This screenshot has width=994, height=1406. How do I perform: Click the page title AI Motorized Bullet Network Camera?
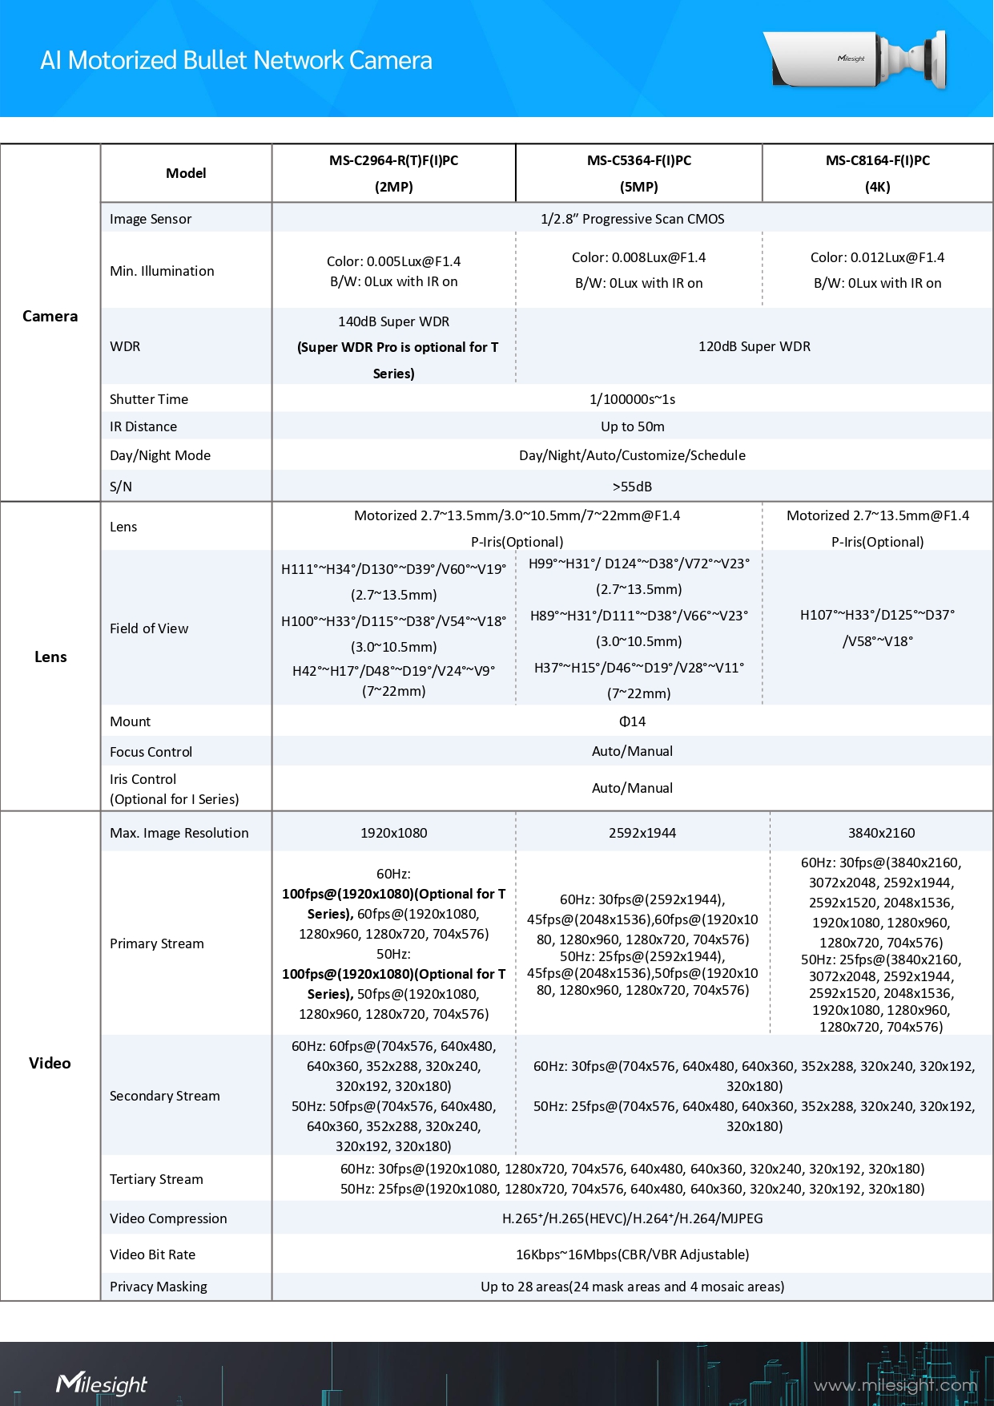[236, 60]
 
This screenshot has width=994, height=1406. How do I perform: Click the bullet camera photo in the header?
[855, 59]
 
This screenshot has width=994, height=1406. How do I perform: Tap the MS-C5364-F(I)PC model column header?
[638, 173]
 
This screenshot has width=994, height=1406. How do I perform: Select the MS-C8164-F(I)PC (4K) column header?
[877, 173]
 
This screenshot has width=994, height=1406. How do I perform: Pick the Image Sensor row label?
[151, 219]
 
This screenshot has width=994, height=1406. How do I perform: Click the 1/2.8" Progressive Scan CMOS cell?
[632, 219]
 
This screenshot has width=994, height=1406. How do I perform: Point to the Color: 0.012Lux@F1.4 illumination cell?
[877, 257]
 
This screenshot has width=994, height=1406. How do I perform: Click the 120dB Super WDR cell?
[754, 346]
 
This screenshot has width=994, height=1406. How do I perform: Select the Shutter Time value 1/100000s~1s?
[632, 399]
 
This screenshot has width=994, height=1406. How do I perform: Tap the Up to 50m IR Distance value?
[632, 426]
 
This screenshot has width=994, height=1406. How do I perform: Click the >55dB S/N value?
[632, 487]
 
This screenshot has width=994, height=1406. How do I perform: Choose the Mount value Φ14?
[632, 721]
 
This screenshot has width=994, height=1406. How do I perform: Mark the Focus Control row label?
[151, 752]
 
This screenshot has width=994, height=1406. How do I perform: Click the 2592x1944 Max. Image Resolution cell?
[642, 833]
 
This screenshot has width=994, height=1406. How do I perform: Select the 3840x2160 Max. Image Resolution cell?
[881, 833]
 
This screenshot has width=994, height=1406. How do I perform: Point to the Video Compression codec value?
[632, 1218]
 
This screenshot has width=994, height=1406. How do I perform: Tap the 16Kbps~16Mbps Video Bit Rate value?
[632, 1254]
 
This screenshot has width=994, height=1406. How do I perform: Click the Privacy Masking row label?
[158, 1287]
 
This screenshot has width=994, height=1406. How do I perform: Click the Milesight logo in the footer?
[102, 1384]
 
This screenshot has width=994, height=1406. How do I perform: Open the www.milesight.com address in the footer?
[895, 1385]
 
